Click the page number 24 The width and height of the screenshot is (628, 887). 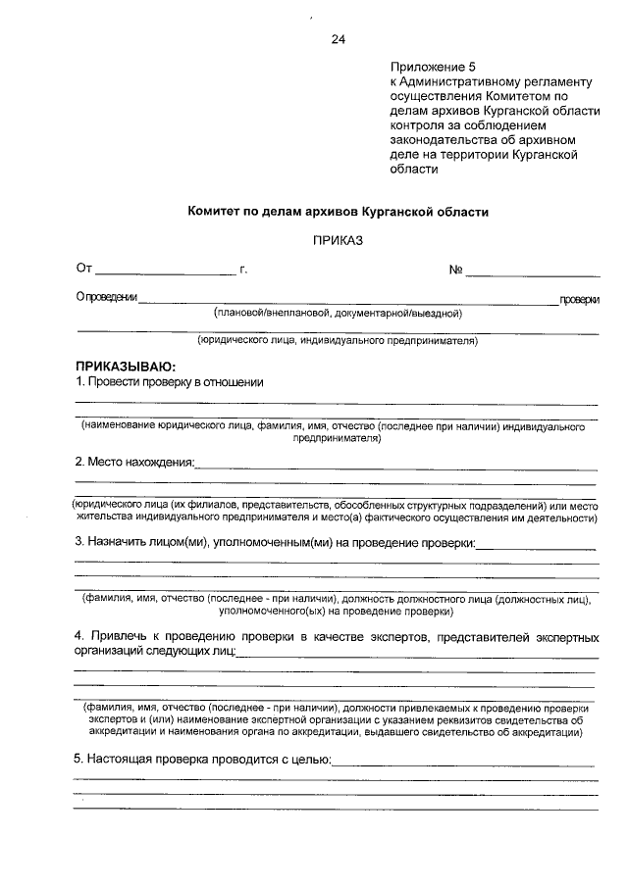[338, 39]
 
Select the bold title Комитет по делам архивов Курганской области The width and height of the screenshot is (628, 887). [338, 211]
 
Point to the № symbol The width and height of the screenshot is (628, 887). [455, 269]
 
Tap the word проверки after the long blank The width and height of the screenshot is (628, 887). [579, 300]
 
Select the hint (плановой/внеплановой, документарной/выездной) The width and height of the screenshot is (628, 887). [338, 314]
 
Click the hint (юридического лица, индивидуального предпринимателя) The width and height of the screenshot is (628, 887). [338, 342]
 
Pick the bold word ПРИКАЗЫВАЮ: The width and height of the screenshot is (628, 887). [125, 366]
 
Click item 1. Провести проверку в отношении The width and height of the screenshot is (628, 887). [170, 381]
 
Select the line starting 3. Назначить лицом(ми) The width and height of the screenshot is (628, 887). [276, 542]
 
